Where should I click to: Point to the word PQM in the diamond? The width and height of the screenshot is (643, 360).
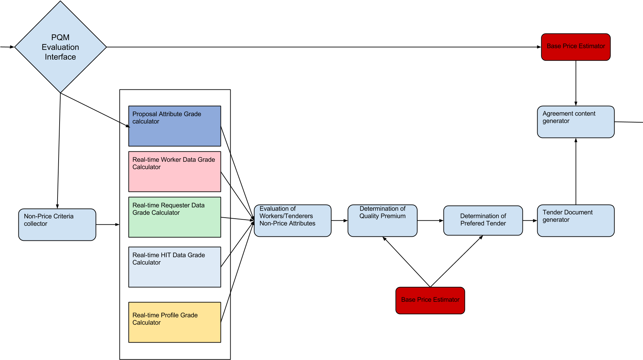[60, 38]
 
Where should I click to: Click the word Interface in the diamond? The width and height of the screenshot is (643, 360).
[60, 57]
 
